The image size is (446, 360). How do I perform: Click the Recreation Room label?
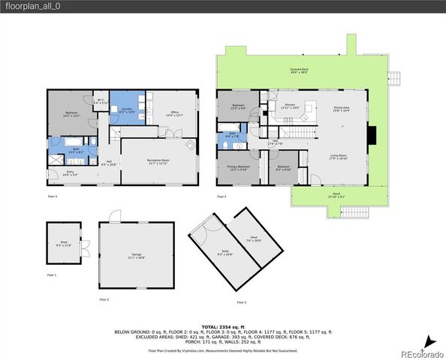pyautogui.click(x=156, y=162)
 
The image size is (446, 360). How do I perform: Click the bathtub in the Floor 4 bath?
pyautogui.click(x=60, y=142)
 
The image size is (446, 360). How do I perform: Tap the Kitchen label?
pyautogui.click(x=290, y=106)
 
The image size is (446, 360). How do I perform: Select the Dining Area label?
pyautogui.click(x=342, y=109)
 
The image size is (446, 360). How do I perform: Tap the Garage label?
pyautogui.click(x=137, y=256)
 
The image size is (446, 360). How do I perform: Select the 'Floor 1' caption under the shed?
pyautogui.click(x=51, y=275)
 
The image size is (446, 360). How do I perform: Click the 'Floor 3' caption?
pyautogui.click(x=240, y=301)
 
